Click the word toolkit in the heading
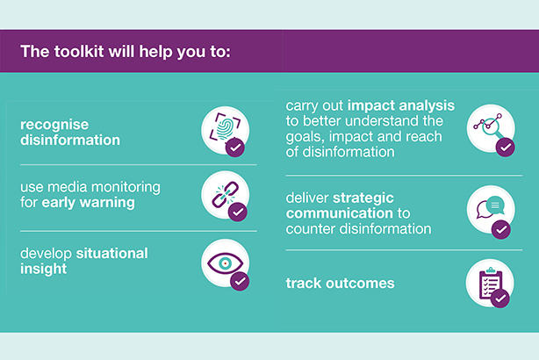coord(79,52)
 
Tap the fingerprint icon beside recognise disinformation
coord(225,127)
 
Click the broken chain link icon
coord(225,194)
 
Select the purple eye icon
coord(225,263)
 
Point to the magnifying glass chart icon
coord(488,126)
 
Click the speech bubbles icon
coord(490,206)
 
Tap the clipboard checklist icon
coord(490,284)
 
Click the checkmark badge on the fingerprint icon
coord(235,148)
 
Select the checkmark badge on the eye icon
coord(240,281)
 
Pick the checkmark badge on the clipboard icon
coord(500,299)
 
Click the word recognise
coord(54,126)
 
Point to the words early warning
coord(88,203)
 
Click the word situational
coord(111,254)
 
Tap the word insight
coord(43,269)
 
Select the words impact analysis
coord(401,106)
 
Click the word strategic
coord(363,198)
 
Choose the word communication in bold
coord(339,213)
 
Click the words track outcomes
coord(340,284)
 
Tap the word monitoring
coord(126,188)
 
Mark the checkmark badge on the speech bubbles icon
coord(501,229)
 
